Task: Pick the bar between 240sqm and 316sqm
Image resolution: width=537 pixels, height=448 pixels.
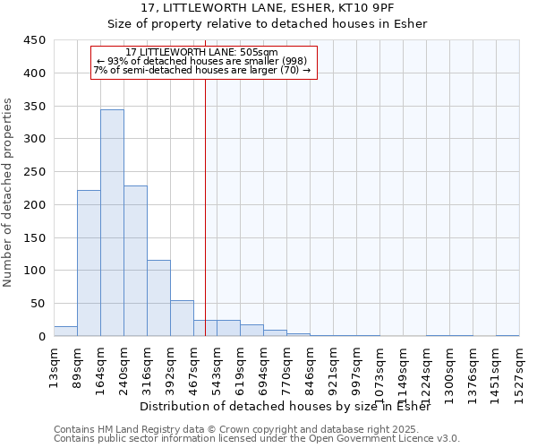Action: [135, 261]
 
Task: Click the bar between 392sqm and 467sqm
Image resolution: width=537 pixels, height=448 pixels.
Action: [182, 318]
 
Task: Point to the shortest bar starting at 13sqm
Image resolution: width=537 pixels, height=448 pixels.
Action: [65, 331]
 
